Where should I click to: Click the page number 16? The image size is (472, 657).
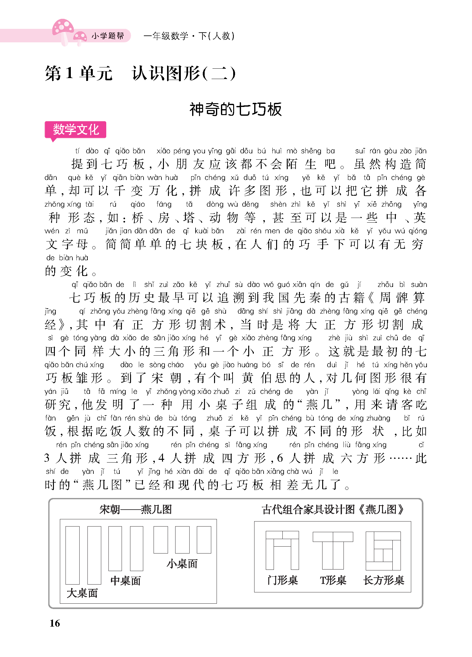click(x=55, y=623)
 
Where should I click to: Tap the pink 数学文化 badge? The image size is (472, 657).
click(x=76, y=130)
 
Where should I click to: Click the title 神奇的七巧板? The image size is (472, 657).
click(x=236, y=109)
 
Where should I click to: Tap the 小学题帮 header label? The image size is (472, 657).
click(x=108, y=36)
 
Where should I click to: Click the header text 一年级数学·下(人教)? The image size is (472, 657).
click(x=189, y=36)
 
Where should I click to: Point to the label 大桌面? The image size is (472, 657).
click(x=82, y=593)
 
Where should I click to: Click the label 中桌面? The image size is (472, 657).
click(x=126, y=580)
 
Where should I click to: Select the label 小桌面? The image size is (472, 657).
click(x=182, y=564)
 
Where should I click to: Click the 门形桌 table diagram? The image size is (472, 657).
click(x=282, y=550)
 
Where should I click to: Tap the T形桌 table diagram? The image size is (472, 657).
click(x=333, y=550)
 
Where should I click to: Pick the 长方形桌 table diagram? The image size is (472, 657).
click(x=383, y=551)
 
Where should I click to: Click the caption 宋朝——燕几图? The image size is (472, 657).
click(x=136, y=509)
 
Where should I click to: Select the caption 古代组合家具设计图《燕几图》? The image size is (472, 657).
click(x=333, y=509)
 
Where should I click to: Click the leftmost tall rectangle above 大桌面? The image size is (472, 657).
click(x=72, y=555)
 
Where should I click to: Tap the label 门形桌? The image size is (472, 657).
click(x=282, y=580)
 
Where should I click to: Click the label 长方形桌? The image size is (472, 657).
click(x=384, y=580)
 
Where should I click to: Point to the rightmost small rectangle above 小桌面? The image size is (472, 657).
click(x=204, y=540)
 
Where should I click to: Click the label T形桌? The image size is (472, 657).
click(x=333, y=580)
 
